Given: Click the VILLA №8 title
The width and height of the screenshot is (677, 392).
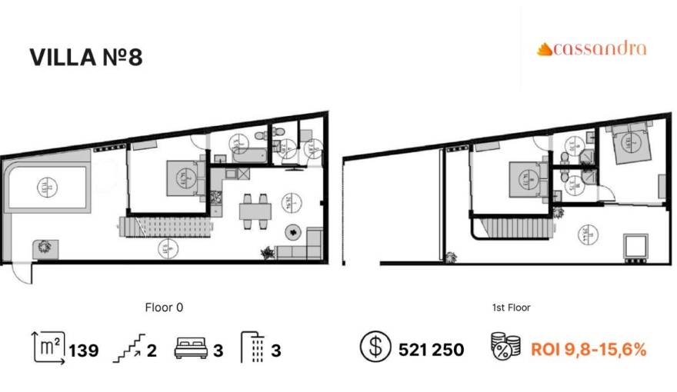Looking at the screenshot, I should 85,58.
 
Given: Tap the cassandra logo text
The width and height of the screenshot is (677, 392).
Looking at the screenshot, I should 592,49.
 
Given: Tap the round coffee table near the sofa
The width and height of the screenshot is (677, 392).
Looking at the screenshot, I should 293,231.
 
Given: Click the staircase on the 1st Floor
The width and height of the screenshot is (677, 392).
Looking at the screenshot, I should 513,228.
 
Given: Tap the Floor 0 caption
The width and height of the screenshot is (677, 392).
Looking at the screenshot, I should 164,307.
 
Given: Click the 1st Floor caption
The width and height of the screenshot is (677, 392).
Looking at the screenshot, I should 511,307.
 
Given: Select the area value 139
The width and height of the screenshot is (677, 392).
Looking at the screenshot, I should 84,350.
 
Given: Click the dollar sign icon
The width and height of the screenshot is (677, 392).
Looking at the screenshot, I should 374,349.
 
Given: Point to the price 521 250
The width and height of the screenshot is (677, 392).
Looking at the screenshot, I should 431,350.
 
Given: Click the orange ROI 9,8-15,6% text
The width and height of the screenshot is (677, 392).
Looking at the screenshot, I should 589,350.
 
